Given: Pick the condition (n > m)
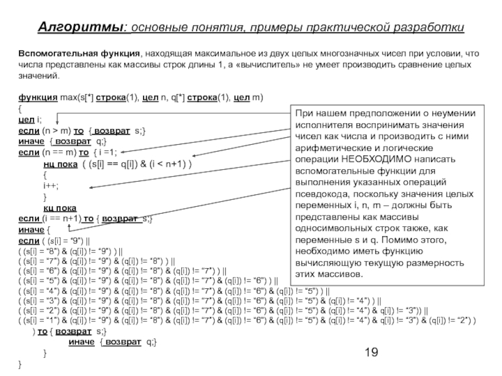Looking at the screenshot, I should coord(56,130).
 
